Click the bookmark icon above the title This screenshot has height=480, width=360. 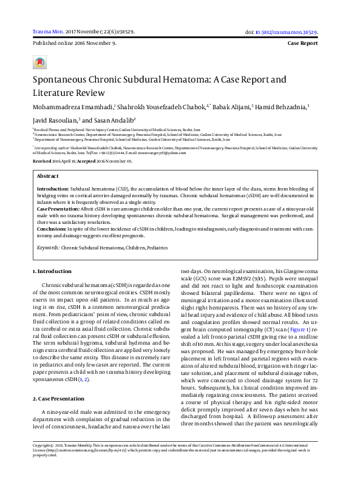pyautogui.click(x=39, y=63)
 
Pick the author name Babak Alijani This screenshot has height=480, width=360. pyautogui.click(x=231, y=106)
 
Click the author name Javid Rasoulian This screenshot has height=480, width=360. pyautogui.click(x=54, y=120)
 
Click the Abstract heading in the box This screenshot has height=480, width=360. pyautogui.click(x=48, y=175)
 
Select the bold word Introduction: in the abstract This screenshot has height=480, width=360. pyautogui.click(x=53, y=189)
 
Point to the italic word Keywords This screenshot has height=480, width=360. pyautogui.click(x=48, y=248)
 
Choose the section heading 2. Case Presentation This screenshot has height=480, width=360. pyautogui.click(x=58, y=381)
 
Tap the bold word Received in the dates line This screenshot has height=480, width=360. pyautogui.click(x=42, y=161)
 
